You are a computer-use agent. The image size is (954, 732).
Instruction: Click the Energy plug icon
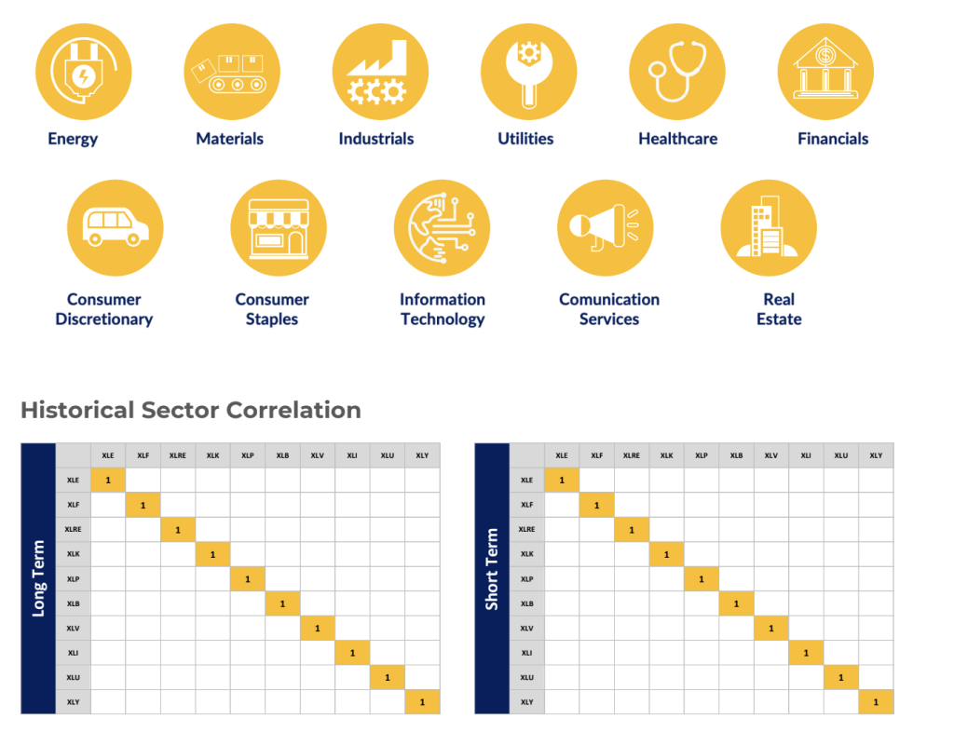tap(83, 72)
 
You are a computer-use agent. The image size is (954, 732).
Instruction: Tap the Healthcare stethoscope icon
tap(677, 72)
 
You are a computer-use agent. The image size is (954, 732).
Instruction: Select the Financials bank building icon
tap(825, 72)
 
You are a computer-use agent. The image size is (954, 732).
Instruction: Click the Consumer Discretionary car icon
tap(116, 228)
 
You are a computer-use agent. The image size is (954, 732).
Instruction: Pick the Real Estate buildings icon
tap(768, 228)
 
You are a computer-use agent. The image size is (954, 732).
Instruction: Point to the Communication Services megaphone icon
tap(606, 228)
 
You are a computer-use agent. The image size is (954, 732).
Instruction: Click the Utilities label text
tap(525, 139)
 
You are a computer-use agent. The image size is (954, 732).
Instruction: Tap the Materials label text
tap(229, 139)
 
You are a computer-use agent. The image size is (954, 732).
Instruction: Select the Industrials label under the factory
tap(375, 139)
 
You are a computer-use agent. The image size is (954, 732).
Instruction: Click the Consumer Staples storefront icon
tap(279, 228)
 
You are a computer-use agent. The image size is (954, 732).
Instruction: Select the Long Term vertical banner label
tap(38, 578)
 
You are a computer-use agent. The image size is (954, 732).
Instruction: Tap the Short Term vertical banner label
tap(492, 578)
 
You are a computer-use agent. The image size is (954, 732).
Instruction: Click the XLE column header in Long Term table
tap(108, 455)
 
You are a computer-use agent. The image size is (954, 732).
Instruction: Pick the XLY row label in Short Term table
tap(526, 701)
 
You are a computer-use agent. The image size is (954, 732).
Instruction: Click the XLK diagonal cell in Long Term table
tap(212, 554)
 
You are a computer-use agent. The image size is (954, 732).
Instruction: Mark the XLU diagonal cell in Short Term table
tap(841, 677)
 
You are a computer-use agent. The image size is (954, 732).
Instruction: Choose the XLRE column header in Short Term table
tap(631, 455)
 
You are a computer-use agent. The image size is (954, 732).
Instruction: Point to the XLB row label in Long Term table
tap(73, 603)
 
